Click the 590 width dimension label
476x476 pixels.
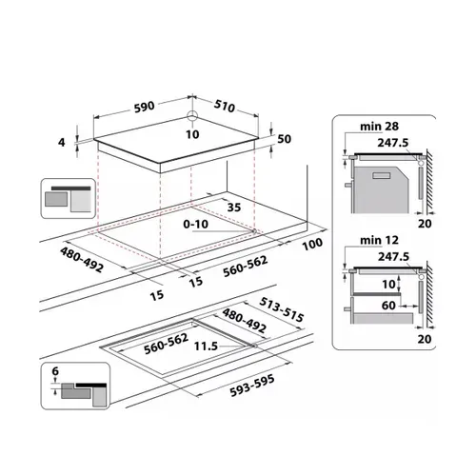[144, 107]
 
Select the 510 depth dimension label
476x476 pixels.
[225, 106]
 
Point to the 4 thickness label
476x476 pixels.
[62, 142]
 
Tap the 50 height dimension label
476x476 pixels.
[284, 139]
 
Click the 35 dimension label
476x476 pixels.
[234, 208]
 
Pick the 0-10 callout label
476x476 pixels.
[196, 224]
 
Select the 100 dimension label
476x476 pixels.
[313, 244]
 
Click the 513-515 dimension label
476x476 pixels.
[282, 309]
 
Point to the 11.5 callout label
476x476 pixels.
[206, 346]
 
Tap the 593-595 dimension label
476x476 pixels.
[252, 386]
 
